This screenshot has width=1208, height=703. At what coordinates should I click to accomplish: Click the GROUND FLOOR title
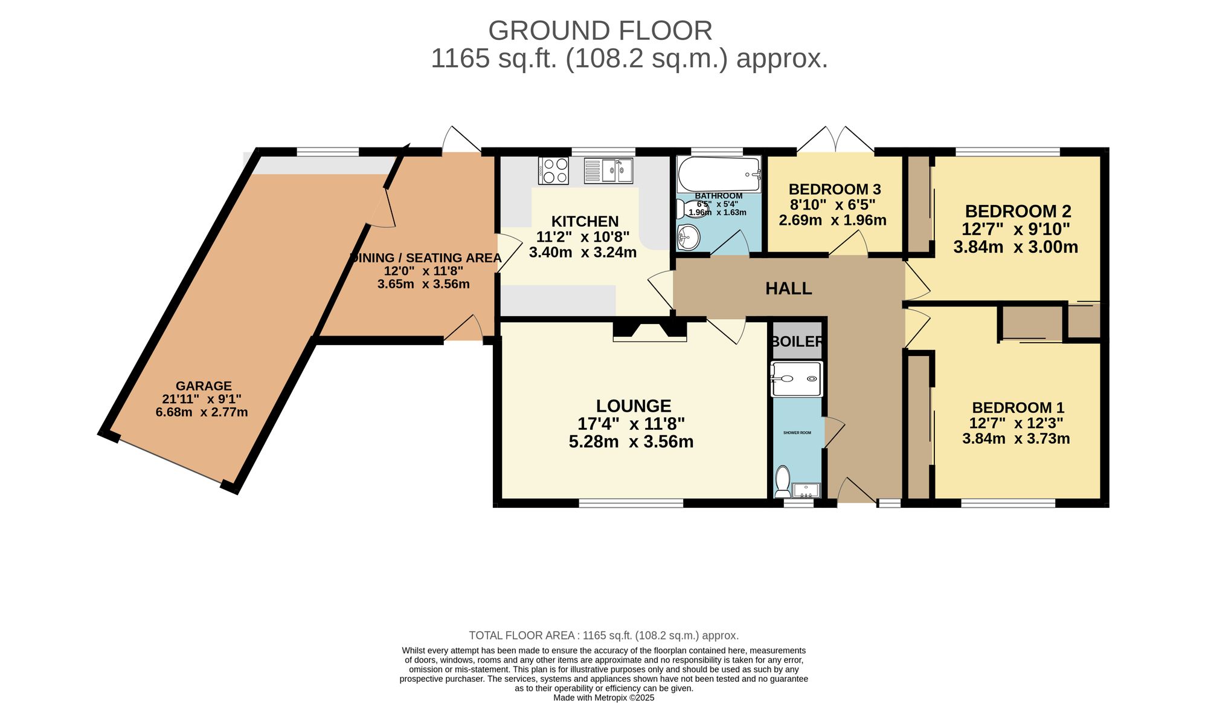(600, 30)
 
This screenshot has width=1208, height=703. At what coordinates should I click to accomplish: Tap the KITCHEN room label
(585, 221)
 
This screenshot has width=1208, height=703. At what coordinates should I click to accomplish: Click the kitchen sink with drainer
(608, 170)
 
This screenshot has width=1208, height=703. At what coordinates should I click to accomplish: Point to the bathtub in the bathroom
(718, 174)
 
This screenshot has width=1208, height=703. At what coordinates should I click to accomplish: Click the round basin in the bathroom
(687, 237)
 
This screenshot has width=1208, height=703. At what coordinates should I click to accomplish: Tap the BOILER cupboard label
(797, 342)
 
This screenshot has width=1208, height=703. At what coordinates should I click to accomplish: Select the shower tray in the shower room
(797, 379)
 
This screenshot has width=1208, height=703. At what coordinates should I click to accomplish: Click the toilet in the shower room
(783, 481)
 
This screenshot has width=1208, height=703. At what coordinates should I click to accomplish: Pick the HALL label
(788, 288)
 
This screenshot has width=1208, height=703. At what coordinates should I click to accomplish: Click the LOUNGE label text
(633, 406)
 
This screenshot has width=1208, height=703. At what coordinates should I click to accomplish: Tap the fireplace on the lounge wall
(650, 331)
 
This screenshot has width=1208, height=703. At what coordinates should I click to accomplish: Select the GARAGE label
(204, 386)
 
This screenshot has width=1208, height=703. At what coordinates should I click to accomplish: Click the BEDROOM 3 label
(834, 189)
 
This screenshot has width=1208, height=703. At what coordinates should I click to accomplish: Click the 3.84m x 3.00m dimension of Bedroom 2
(1015, 247)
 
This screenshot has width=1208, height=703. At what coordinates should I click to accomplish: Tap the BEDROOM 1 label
(1018, 407)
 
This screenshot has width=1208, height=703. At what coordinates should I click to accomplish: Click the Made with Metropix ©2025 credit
(603, 698)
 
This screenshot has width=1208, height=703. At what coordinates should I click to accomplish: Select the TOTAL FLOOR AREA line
(603, 635)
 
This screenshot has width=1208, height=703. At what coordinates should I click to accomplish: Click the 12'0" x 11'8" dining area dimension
(423, 271)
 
